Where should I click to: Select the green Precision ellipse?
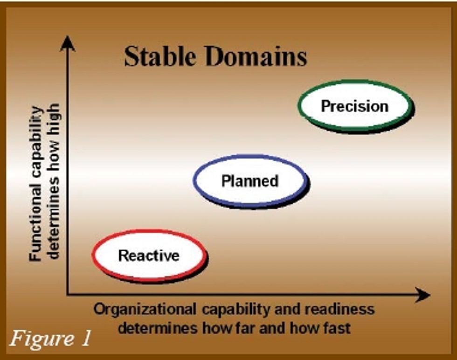(x=354, y=106)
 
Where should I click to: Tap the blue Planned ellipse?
(x=250, y=180)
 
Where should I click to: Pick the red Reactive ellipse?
(x=149, y=256)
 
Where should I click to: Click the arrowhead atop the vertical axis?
(x=68, y=43)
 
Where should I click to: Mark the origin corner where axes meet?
(x=68, y=294)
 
